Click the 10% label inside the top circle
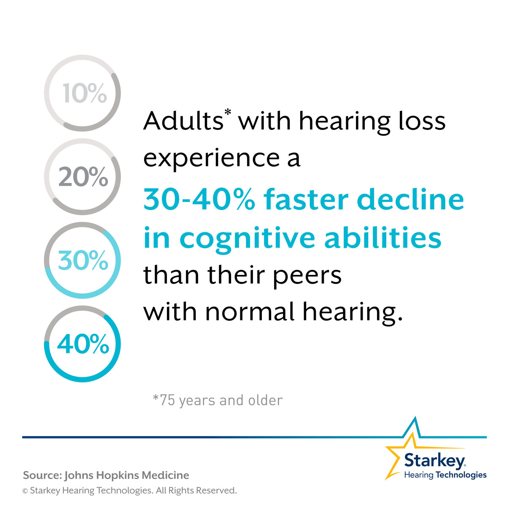[x=85, y=93]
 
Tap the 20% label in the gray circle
[x=83, y=177]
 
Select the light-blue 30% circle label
[x=83, y=260]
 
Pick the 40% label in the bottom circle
[x=83, y=344]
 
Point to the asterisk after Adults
[x=228, y=113]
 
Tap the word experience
[x=212, y=159]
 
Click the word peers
[x=307, y=277]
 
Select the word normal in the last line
[x=249, y=312]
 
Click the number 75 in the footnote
[x=167, y=401]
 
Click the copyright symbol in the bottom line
[x=25, y=491]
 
